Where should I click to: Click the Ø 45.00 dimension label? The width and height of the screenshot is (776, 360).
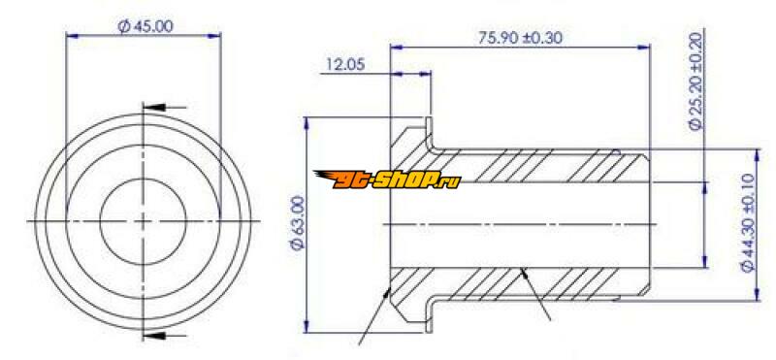click(x=145, y=26)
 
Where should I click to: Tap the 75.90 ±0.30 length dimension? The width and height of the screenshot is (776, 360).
click(x=520, y=38)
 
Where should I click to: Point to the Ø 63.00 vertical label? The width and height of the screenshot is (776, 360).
click(x=299, y=223)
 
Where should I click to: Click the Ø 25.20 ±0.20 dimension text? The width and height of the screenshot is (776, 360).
click(x=696, y=82)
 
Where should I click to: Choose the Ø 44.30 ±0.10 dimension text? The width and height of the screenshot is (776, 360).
click(x=748, y=222)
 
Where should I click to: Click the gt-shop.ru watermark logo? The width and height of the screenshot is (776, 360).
click(x=387, y=180)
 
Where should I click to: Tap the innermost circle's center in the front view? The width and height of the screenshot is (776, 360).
click(x=143, y=221)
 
